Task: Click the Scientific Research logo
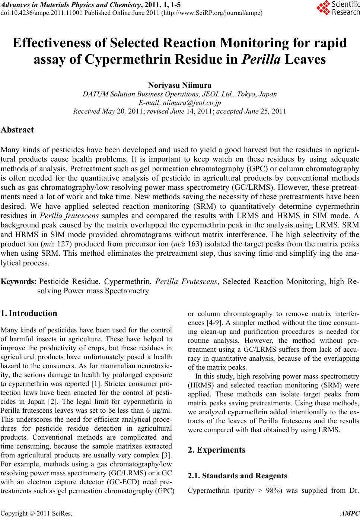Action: pos(338,9)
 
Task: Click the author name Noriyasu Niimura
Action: pos(180,85)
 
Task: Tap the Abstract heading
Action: pos(17,130)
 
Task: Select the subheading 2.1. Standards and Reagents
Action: pos(237,476)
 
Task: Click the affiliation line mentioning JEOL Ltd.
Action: pos(180,94)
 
